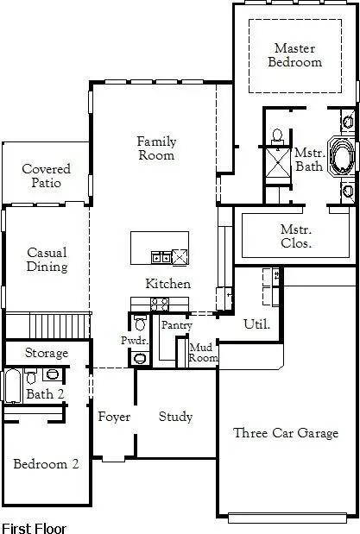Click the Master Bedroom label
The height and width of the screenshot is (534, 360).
(x=295, y=55)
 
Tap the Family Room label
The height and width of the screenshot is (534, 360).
(x=156, y=148)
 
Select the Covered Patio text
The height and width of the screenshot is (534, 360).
(x=46, y=176)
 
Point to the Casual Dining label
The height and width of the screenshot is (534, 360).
(x=47, y=260)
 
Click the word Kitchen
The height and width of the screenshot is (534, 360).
(x=167, y=284)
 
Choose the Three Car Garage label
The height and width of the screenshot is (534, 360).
(x=286, y=433)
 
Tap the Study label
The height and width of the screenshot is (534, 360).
(x=175, y=417)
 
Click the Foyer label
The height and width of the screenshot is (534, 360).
(x=114, y=417)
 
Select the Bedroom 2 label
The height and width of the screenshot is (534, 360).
(x=46, y=464)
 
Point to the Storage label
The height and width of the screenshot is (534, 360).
(x=46, y=354)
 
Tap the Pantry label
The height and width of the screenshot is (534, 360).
(x=176, y=325)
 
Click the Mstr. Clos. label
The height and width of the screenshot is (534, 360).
(x=296, y=236)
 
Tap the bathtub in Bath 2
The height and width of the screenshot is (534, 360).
(x=12, y=386)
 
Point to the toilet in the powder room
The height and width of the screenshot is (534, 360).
(x=140, y=325)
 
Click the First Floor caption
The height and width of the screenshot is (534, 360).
(x=34, y=526)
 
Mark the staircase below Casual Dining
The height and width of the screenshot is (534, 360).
(x=60, y=326)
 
